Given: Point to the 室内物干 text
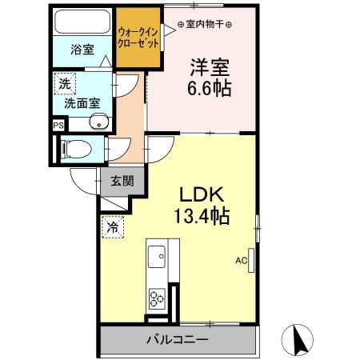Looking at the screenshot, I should coord(204,24).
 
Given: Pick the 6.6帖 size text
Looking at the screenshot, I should coord(210,86).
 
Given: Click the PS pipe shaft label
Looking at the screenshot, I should coord(58,124).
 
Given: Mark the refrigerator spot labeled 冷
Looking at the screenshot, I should coord(114,228).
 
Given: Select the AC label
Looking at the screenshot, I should coord(241,260).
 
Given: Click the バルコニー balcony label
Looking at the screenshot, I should coord(177,339).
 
